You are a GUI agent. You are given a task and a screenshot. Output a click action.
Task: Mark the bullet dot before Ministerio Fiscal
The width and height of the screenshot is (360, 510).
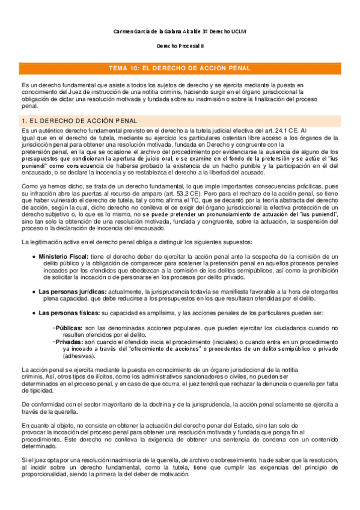point(33,256)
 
